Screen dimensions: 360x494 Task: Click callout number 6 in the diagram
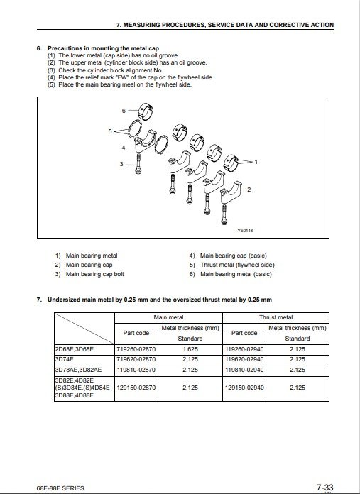point(124,111)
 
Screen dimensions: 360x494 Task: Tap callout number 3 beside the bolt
point(121,164)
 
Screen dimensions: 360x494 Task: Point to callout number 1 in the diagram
point(256,162)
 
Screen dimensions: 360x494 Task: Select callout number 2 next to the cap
point(249,190)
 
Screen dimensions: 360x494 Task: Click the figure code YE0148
point(245,231)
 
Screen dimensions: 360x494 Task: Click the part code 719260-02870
point(136,349)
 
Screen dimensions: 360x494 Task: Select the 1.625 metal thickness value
point(190,349)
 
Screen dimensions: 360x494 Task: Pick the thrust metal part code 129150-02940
point(244,388)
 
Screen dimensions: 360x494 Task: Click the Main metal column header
point(168,317)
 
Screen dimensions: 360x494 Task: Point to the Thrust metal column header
point(276,317)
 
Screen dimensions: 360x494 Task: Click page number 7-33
point(325,488)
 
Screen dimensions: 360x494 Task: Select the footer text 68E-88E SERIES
point(60,488)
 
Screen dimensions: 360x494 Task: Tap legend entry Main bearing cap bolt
point(95,274)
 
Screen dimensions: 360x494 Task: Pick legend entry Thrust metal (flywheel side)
point(237,265)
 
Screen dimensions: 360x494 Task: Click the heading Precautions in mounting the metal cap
point(103,48)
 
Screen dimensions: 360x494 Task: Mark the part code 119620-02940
point(244,359)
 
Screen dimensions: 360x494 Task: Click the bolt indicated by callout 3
point(138,164)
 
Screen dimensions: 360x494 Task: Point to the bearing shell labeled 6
point(146,111)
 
